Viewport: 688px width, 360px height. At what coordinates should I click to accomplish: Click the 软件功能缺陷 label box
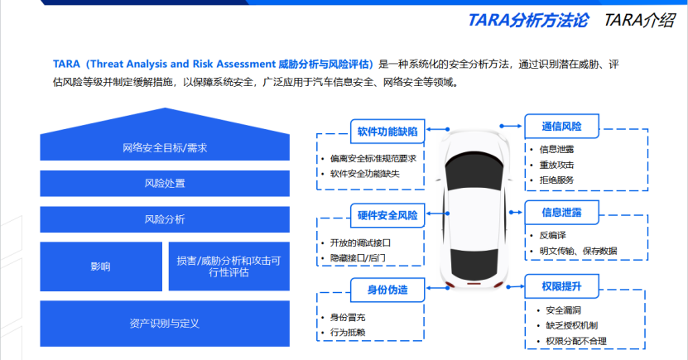pyautogui.click(x=387, y=131)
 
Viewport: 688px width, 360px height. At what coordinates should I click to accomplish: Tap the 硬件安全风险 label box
pyautogui.click(x=387, y=216)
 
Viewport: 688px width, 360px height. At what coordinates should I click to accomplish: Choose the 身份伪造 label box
pyautogui.click(x=387, y=290)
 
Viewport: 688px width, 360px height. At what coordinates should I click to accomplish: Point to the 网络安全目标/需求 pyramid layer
pyautogui.click(x=164, y=148)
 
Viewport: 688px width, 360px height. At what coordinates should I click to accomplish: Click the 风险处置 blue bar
pyautogui.click(x=164, y=184)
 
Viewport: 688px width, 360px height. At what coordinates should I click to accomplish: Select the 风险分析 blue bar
pyautogui.click(x=164, y=219)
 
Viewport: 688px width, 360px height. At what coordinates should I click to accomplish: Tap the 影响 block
pyautogui.click(x=101, y=266)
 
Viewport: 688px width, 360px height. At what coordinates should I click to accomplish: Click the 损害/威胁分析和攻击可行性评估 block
pyautogui.click(x=229, y=266)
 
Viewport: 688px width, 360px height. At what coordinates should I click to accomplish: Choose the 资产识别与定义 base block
pyautogui.click(x=164, y=323)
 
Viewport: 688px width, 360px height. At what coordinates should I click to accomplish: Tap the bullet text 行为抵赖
pyautogui.click(x=348, y=333)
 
